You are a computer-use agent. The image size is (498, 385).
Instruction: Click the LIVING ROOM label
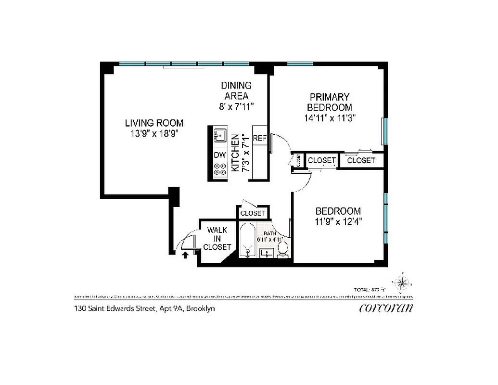pos(154,123)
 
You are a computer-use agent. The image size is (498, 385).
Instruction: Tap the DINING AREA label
pos(236,90)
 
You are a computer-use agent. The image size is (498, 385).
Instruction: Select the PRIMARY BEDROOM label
pos(330,102)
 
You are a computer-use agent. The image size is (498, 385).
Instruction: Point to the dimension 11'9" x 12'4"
pos(338,222)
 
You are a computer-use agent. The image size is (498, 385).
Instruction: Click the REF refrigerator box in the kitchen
pos(259,138)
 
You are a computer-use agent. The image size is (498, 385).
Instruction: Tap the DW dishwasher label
pos(220,155)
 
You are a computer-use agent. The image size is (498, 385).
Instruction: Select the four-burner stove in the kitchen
pos(220,170)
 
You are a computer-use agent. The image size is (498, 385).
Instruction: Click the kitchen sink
pos(220,135)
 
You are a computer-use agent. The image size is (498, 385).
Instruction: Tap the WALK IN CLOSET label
pos(217,239)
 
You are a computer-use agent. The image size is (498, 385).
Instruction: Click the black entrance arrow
pos(185,255)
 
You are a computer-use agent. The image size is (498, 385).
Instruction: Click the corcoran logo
pos(386,308)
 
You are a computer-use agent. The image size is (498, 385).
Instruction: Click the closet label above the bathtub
pos(253,213)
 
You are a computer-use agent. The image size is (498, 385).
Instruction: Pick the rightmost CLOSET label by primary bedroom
pos(361,160)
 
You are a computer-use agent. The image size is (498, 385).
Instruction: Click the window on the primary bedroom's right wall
pos(383,131)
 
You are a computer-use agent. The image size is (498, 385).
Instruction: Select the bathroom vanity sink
pos(265,252)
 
